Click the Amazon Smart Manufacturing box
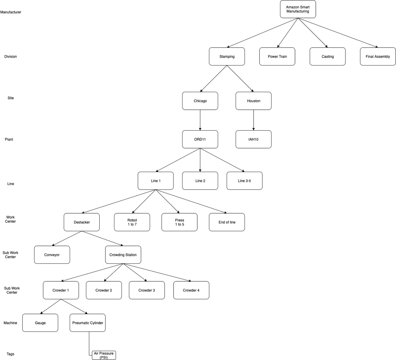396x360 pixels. [298, 9]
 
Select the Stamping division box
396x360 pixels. [227, 56]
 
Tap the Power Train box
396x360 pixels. [277, 56]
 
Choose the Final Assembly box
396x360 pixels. [378, 56]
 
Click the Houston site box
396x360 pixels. [253, 101]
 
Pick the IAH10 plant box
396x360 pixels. [253, 139]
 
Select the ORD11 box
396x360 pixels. [200, 139]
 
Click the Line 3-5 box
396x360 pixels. [244, 181]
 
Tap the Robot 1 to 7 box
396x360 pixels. [132, 222]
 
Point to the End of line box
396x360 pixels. [227, 222]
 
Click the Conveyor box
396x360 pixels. [52, 255]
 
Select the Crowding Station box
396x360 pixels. [123, 255]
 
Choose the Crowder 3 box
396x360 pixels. [147, 290]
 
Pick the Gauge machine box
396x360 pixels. [40, 323]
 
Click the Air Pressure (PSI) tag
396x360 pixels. [103, 355]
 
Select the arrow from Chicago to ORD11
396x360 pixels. [200, 120]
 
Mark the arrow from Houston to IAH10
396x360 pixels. [253, 120]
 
